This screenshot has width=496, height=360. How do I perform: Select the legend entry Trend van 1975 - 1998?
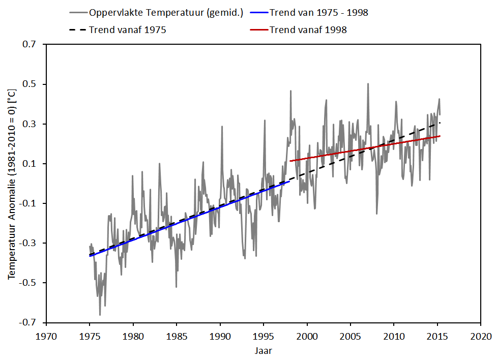(x=318, y=13)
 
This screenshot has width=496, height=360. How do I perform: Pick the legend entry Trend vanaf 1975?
(x=127, y=29)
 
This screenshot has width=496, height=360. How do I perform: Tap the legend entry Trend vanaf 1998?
(x=308, y=29)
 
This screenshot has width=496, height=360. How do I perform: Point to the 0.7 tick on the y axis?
(x=30, y=45)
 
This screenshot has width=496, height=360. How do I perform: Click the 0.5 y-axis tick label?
(x=30, y=84)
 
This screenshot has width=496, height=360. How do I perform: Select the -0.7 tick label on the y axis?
(x=28, y=322)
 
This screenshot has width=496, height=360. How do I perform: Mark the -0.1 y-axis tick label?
(x=28, y=203)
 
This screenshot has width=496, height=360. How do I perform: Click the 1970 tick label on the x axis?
(x=46, y=336)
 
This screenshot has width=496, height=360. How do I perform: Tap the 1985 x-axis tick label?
(x=177, y=336)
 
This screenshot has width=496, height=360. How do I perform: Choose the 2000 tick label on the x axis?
(x=307, y=336)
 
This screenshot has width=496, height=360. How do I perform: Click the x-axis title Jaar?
(x=263, y=350)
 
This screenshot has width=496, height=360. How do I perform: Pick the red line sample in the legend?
(x=259, y=29)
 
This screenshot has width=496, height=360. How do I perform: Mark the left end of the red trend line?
(x=290, y=161)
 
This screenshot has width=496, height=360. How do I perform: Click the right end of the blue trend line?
(x=289, y=181)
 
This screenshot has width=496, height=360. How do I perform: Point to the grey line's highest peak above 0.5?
(x=368, y=83)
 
